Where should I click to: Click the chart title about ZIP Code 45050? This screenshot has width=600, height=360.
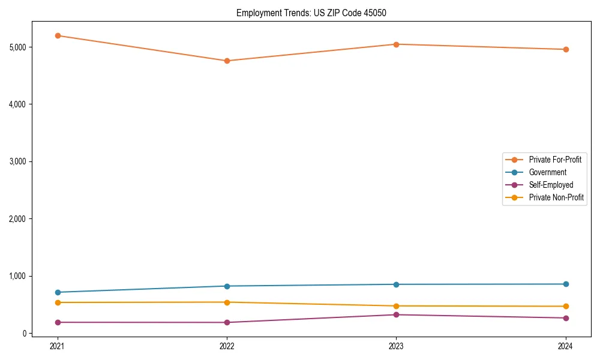click(316, 13)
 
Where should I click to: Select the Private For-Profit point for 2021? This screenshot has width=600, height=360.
click(58, 35)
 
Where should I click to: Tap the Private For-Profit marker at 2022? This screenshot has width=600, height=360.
click(227, 61)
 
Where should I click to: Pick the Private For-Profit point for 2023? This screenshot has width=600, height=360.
click(396, 44)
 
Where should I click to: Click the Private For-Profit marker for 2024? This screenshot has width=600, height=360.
click(566, 49)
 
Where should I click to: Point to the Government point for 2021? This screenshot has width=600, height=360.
click(58, 292)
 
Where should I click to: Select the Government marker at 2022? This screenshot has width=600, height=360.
click(227, 286)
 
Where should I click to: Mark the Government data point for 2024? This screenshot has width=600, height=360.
click(566, 284)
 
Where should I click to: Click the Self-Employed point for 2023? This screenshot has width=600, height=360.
click(396, 314)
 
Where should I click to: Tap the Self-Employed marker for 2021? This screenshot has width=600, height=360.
click(58, 322)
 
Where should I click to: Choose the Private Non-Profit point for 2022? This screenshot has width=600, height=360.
click(227, 302)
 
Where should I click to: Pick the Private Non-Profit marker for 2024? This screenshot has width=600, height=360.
click(566, 306)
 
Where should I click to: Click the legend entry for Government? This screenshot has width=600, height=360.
click(547, 172)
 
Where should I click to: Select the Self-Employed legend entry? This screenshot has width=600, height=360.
click(551, 185)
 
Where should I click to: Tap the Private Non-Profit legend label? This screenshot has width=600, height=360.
click(556, 197)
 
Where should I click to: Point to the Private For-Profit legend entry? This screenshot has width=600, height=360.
click(555, 160)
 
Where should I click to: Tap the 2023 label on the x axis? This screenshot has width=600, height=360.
click(396, 346)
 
